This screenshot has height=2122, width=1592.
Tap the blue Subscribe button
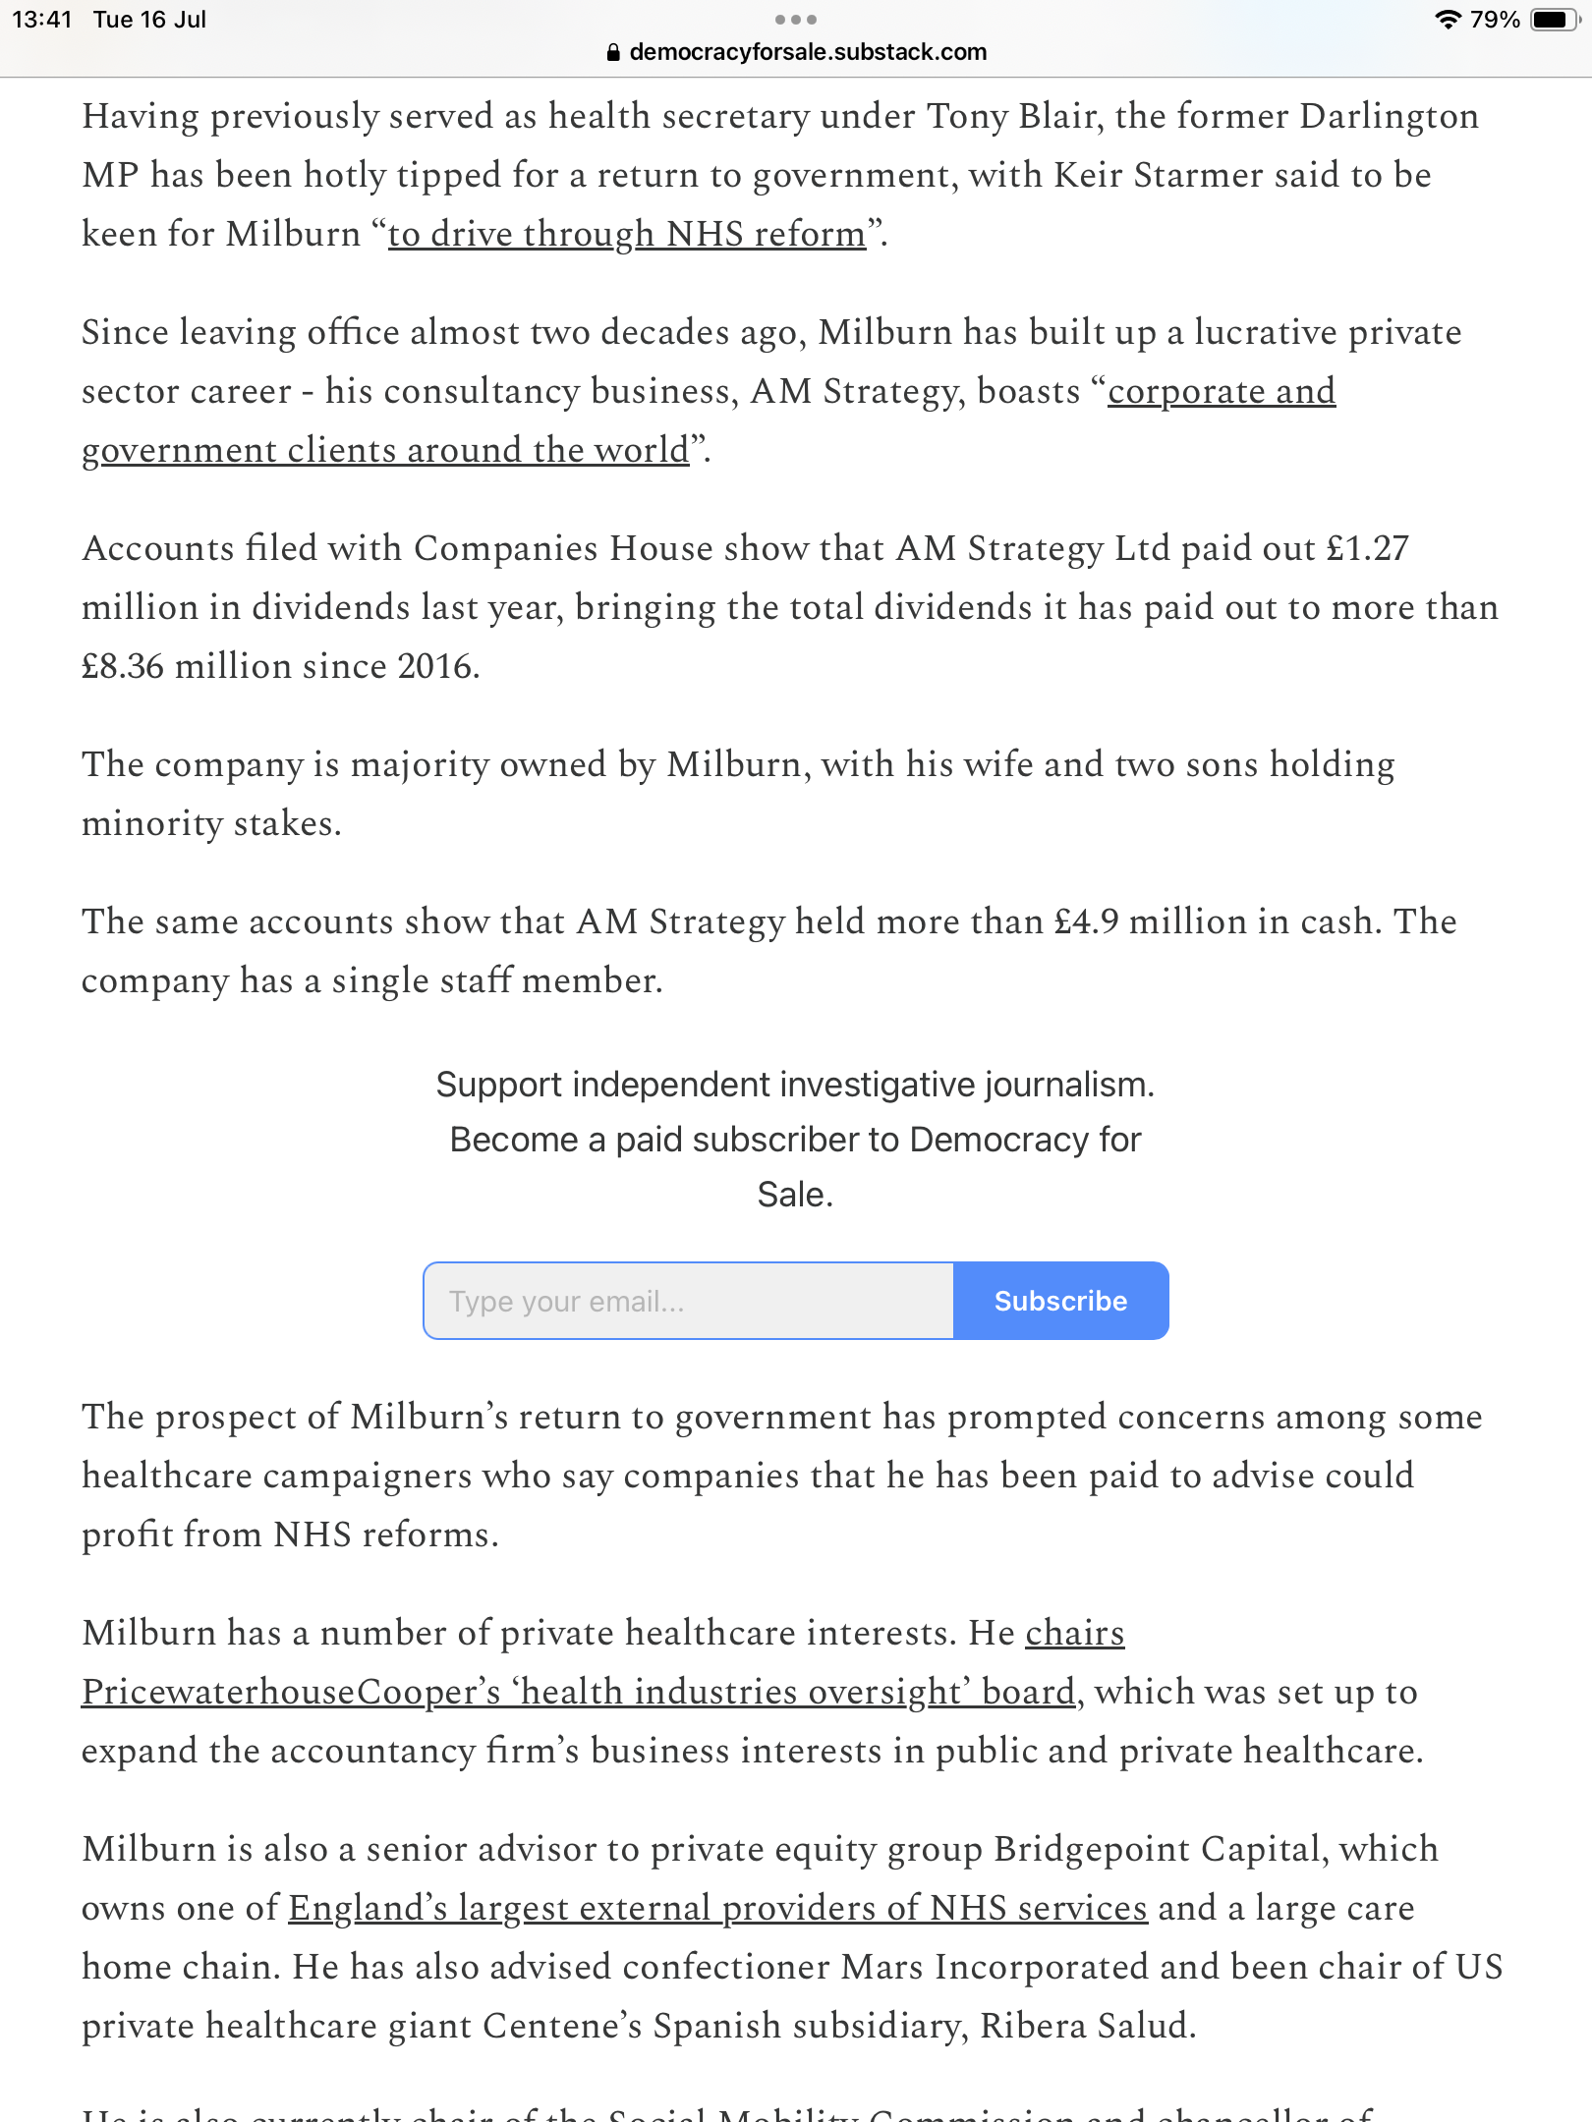pyautogui.click(x=1060, y=1301)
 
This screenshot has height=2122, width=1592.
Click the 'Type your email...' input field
pyautogui.click(x=688, y=1301)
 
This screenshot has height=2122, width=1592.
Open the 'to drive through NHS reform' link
pyautogui.click(x=626, y=234)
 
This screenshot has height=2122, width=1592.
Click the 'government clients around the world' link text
pyautogui.click(x=385, y=450)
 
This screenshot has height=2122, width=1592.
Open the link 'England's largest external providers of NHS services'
pyautogui.click(x=717, y=1908)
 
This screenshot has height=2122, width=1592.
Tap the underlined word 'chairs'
pyautogui.click(x=1074, y=1633)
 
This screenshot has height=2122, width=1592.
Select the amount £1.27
pyautogui.click(x=1367, y=548)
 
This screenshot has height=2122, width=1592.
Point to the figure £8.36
pyautogui.click(x=123, y=666)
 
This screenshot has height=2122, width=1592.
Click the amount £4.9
pyautogui.click(x=1086, y=921)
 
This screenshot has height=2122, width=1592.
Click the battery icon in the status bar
pyautogui.click(x=1555, y=20)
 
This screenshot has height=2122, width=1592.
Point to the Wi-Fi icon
pyautogui.click(x=1448, y=20)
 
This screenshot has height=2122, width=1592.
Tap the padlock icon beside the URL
pyautogui.click(x=614, y=53)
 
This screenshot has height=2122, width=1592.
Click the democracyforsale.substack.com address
pyautogui.click(x=808, y=52)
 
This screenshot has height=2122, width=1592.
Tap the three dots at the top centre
pyautogui.click(x=795, y=20)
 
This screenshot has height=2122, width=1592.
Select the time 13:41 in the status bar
pyautogui.click(x=42, y=20)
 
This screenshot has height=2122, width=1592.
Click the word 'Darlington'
pyautogui.click(x=1389, y=116)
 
